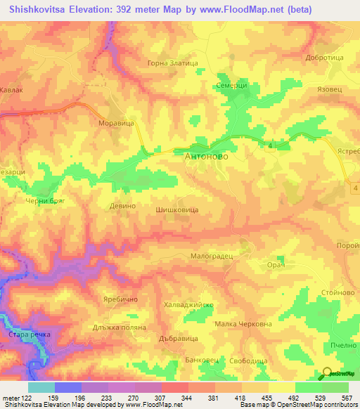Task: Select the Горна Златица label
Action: [172, 63]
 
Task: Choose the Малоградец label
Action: [212, 257]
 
